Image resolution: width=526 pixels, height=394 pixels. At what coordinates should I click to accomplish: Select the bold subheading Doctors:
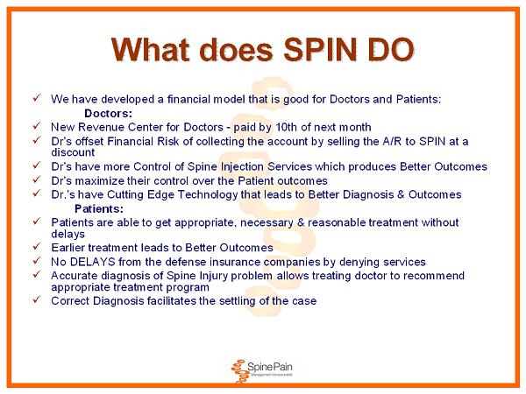109,113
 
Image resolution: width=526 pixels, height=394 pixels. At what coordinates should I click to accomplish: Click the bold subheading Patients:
99,208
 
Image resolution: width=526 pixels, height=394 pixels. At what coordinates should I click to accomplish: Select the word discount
73,152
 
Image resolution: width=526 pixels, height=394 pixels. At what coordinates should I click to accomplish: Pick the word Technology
208,194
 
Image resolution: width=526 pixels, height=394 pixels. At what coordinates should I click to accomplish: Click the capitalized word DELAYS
93,262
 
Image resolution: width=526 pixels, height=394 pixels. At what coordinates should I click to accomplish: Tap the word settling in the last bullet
238,301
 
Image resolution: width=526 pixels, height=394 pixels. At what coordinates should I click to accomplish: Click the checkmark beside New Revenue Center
37,125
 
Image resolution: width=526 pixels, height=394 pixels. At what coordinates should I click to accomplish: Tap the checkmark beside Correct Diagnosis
37,299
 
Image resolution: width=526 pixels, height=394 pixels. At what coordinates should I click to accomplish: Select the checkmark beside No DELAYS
37,260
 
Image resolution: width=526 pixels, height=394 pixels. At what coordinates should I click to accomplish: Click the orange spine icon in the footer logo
238,371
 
